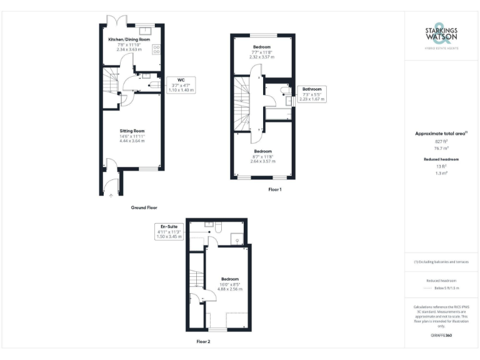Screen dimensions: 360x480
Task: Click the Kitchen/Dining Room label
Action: tap(129, 39)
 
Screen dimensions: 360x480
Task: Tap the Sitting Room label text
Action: tap(132, 131)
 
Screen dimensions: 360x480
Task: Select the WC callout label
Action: tap(181, 80)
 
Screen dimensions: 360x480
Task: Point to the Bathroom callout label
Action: tap(312, 89)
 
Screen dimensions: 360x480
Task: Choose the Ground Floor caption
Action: tap(144, 207)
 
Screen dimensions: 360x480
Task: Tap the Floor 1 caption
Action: tap(275, 189)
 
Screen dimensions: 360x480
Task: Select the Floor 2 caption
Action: tap(204, 342)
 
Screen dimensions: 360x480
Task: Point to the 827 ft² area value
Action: tap(441, 141)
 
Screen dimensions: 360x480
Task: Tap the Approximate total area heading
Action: tap(441, 133)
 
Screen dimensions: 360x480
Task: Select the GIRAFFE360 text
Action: tap(441, 336)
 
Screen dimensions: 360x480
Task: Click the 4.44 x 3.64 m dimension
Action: tap(132, 141)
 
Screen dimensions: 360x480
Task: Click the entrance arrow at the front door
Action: tap(111, 195)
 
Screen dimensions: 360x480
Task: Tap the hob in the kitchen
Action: tap(157, 49)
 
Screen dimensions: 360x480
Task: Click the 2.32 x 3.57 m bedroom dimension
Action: tap(262, 57)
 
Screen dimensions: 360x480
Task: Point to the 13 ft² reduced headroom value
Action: tap(441, 167)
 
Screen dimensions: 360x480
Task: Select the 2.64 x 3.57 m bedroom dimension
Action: tap(262, 161)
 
